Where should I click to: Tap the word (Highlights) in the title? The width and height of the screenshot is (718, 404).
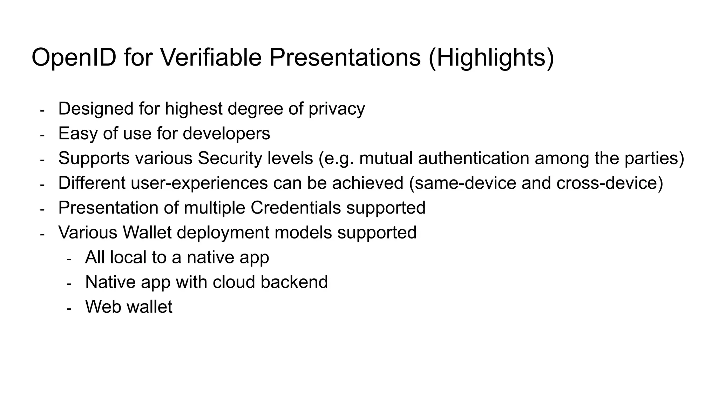click(491, 58)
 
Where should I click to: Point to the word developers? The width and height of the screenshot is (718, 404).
click(226, 134)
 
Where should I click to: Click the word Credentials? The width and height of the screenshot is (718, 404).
click(296, 208)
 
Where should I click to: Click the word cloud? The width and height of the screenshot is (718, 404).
click(233, 282)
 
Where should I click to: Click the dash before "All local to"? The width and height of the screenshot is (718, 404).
click(69, 259)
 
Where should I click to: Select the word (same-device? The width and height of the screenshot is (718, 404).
click(462, 183)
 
